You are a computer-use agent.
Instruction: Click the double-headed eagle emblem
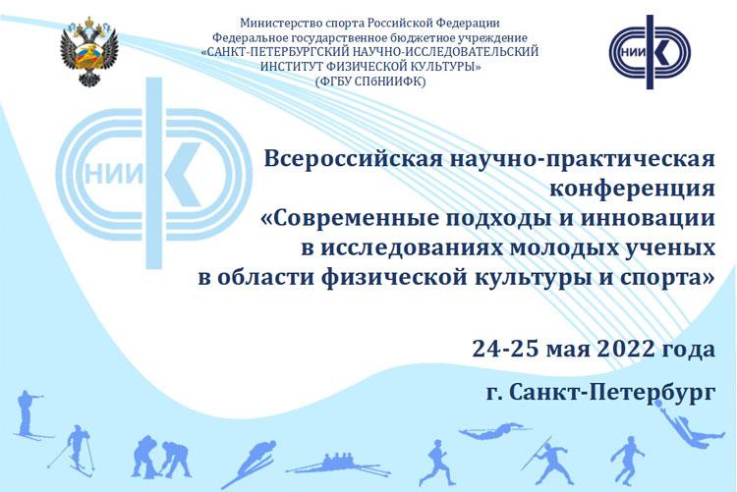[88, 51]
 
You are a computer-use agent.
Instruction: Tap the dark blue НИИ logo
[650, 52]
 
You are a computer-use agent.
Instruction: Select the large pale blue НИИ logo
[153, 174]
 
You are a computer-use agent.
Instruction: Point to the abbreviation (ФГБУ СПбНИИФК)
[370, 82]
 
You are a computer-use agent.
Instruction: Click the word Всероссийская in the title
[353, 158]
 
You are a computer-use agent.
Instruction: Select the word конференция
[632, 189]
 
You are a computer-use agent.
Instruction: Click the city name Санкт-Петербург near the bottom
[612, 392]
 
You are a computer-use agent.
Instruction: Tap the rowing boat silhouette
[338, 464]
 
